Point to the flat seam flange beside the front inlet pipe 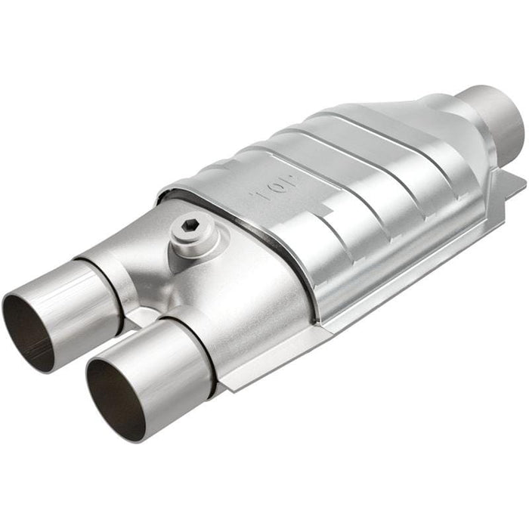coord(234,378)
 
